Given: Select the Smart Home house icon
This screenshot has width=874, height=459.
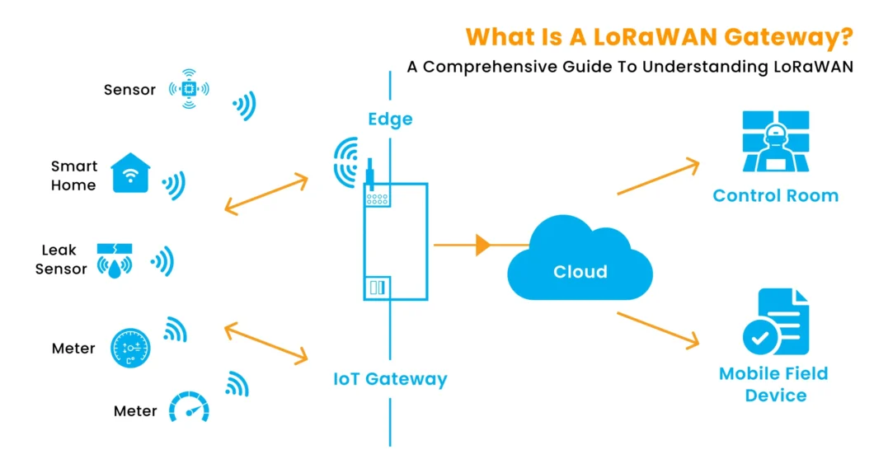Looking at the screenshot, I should [x=130, y=172].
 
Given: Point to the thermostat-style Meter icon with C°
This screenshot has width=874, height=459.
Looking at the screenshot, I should [x=131, y=349].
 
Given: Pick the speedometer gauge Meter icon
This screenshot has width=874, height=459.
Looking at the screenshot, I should [x=189, y=407].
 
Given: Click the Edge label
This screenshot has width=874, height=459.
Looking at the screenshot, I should [x=390, y=119].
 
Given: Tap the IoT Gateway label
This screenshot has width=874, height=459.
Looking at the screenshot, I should [x=390, y=379].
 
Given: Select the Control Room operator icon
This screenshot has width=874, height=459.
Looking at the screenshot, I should [x=775, y=143].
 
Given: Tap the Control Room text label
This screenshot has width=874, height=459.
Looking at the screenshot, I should [x=775, y=195].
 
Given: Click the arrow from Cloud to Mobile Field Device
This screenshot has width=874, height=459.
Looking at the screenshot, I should [x=658, y=330].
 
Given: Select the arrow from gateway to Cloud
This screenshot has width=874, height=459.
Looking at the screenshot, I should [x=480, y=245].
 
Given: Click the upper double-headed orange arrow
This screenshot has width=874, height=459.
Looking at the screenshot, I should [x=265, y=194].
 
